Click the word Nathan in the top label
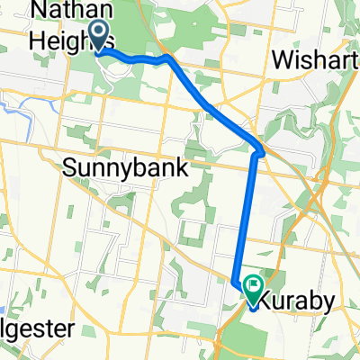coord(67,13)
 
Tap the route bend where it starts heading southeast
coord(168,59)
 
